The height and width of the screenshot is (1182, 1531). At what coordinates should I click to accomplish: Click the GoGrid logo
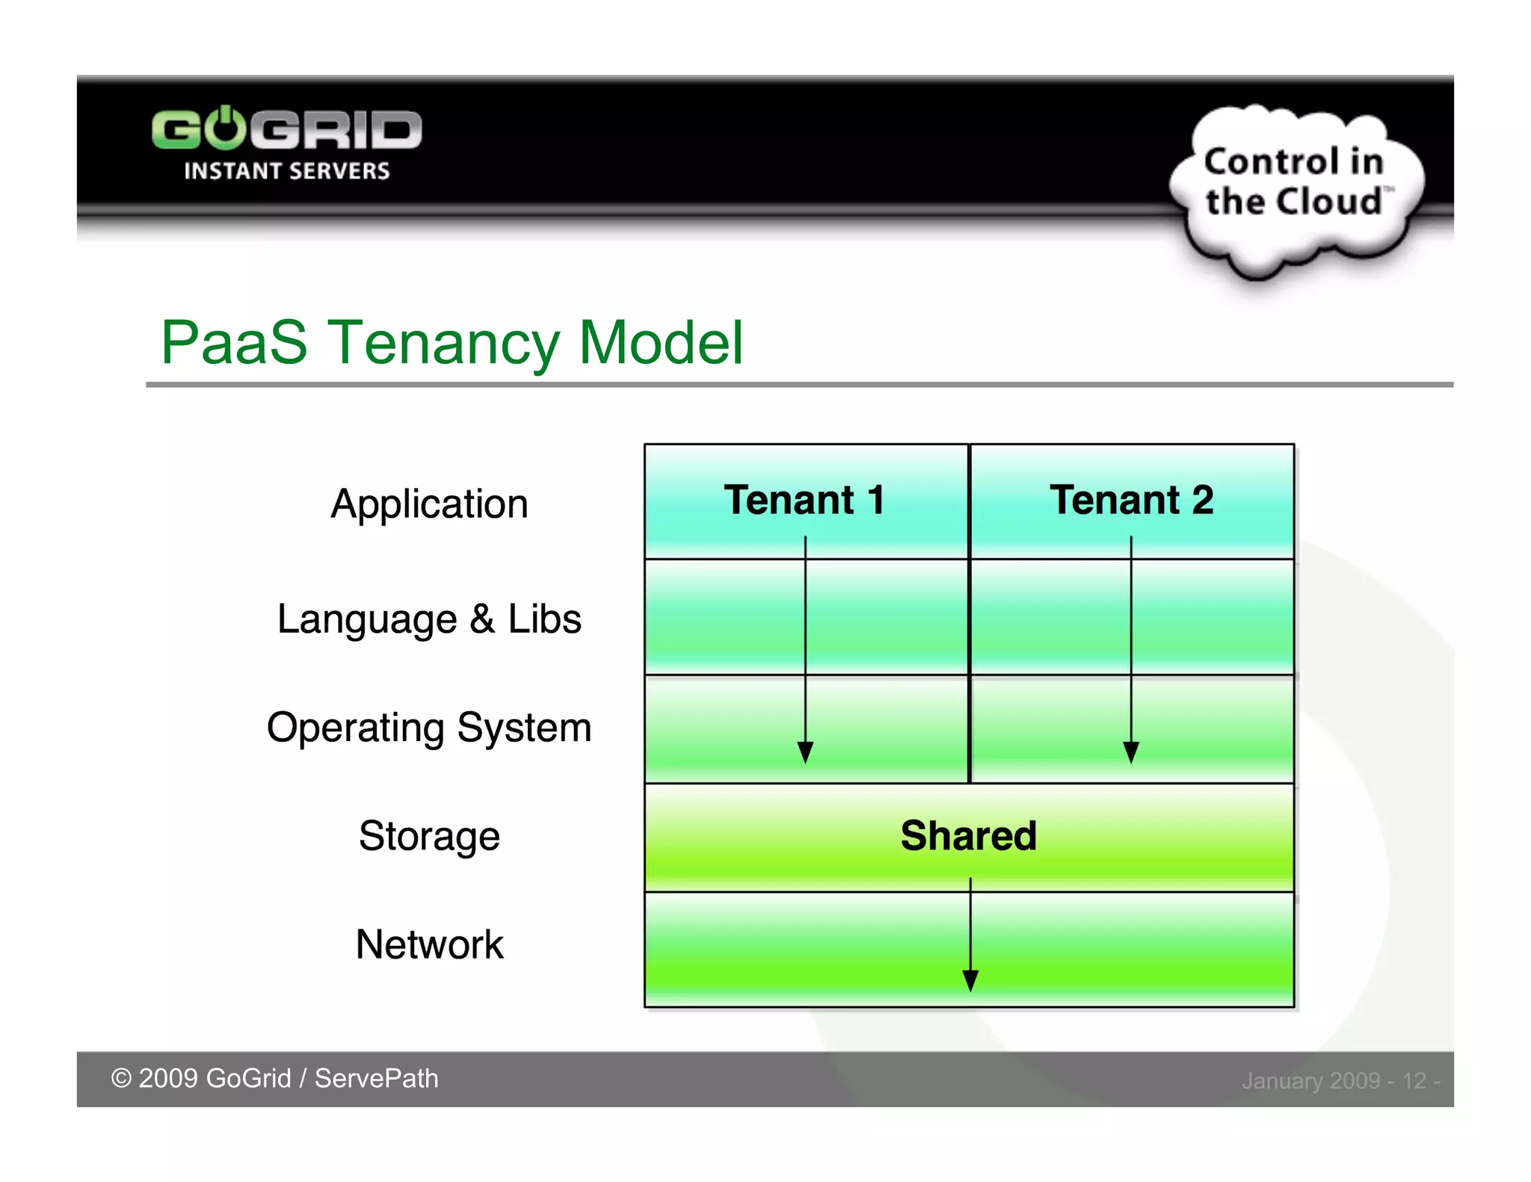click(286, 130)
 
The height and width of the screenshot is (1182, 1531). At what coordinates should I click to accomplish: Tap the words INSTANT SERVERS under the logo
click(286, 171)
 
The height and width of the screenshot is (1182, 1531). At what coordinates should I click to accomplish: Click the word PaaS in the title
click(233, 343)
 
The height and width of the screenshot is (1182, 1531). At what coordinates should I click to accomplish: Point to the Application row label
click(429, 504)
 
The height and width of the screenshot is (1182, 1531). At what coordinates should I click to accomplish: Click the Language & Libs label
click(429, 619)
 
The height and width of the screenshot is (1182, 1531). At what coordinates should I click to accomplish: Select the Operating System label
click(429, 728)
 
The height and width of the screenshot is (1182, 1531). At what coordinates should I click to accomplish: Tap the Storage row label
click(429, 836)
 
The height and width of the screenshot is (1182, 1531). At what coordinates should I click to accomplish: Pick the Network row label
click(429, 944)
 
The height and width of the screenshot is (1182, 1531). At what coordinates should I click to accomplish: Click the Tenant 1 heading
click(804, 500)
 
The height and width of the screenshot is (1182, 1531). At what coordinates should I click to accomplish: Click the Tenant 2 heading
click(1131, 500)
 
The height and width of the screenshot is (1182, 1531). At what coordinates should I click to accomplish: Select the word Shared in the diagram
click(969, 835)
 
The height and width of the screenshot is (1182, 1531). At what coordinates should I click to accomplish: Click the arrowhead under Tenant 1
click(805, 752)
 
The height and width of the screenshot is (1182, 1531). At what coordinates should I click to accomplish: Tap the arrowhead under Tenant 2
click(1131, 752)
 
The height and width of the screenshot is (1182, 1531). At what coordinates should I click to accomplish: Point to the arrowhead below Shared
click(970, 980)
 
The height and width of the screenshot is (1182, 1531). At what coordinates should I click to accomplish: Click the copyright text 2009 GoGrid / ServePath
click(274, 1079)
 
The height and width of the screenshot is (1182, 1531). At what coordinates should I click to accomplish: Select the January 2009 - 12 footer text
click(1340, 1081)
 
